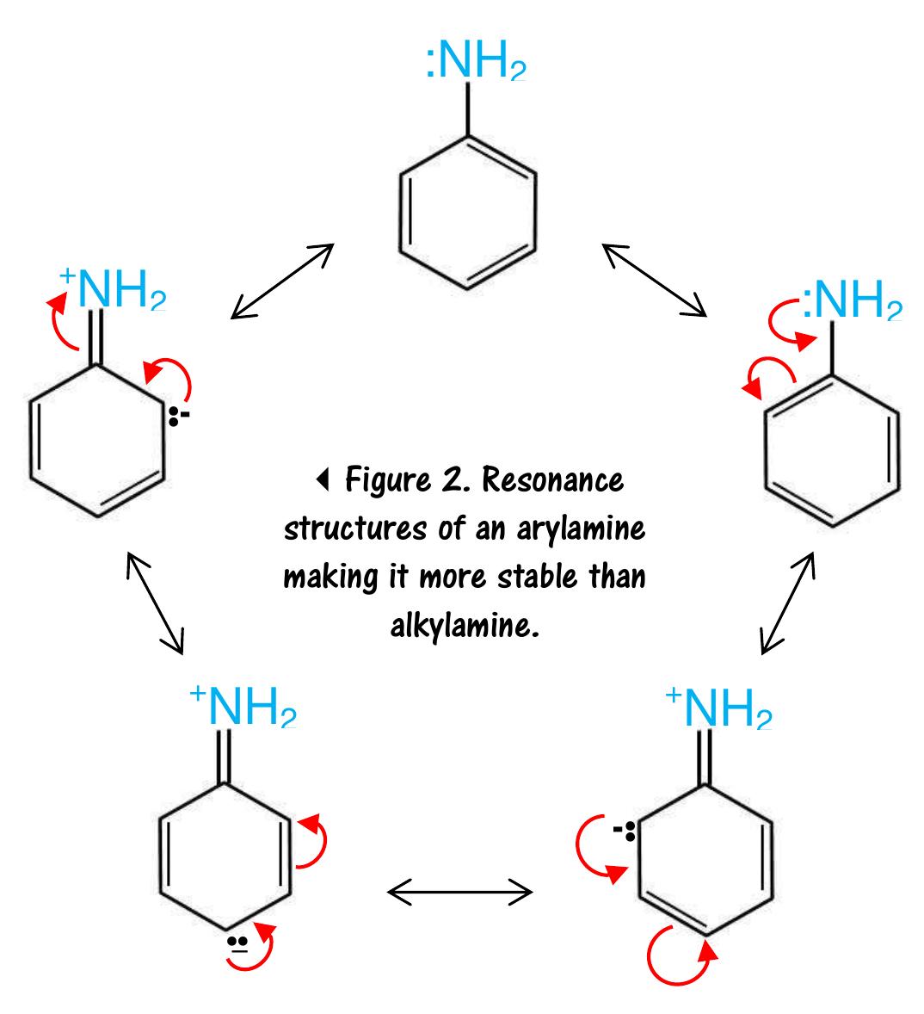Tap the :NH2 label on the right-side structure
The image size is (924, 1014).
click(852, 302)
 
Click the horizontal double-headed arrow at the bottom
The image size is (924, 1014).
click(460, 893)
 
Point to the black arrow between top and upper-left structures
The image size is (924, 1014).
click(282, 281)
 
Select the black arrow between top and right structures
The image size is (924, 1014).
click(654, 281)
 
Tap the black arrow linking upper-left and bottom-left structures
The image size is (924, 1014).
click(156, 602)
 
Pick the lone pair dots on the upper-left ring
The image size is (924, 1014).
click(177, 418)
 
